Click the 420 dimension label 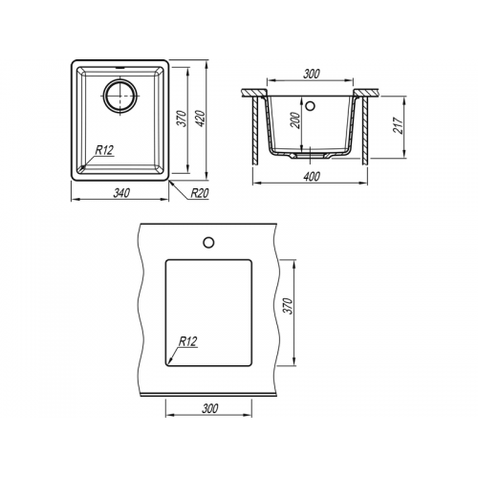[200, 119]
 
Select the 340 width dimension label [121, 193]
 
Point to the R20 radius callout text [200, 193]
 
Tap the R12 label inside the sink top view [104, 150]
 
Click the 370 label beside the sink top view [182, 119]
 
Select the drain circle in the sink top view [120, 96]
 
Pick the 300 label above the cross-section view [311, 74]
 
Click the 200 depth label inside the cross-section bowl [296, 120]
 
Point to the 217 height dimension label [399, 125]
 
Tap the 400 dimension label [312, 176]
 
